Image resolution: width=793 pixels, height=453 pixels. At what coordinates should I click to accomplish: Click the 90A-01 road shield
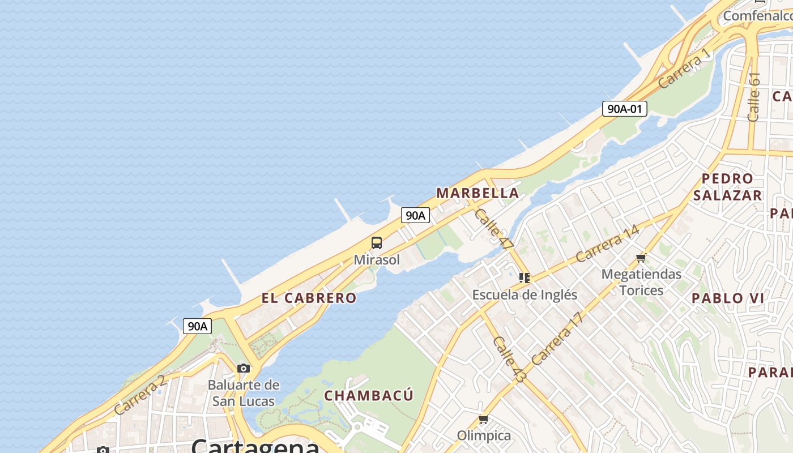pyautogui.click(x=624, y=109)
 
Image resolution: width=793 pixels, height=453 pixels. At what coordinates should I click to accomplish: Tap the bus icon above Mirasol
pyautogui.click(x=377, y=243)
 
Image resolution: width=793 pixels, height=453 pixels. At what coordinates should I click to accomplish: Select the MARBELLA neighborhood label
pyautogui.click(x=477, y=193)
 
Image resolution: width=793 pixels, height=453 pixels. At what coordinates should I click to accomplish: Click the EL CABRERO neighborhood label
pyautogui.click(x=309, y=298)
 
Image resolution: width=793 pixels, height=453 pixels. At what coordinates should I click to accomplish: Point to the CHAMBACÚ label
pyautogui.click(x=369, y=395)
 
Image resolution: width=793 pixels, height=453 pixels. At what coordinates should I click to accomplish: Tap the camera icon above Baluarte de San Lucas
pyautogui.click(x=244, y=369)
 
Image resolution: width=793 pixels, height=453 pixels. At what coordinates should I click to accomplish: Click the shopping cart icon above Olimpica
pyautogui.click(x=483, y=420)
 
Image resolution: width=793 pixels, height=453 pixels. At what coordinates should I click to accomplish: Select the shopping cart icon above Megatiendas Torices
pyautogui.click(x=641, y=258)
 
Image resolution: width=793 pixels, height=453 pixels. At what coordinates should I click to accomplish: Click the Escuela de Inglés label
pyautogui.click(x=525, y=294)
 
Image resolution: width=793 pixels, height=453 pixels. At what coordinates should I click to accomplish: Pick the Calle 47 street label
pyautogui.click(x=494, y=229)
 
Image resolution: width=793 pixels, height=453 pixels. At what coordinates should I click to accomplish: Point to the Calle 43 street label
pyautogui.click(x=509, y=359)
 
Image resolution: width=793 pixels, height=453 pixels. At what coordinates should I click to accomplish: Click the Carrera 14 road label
pyautogui.click(x=607, y=243)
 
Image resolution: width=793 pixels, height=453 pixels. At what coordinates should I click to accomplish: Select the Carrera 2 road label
pyautogui.click(x=140, y=394)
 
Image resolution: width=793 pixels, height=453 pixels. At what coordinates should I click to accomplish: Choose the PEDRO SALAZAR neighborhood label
pyautogui.click(x=727, y=187)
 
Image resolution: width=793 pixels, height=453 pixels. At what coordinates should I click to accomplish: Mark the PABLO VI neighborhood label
pyautogui.click(x=728, y=298)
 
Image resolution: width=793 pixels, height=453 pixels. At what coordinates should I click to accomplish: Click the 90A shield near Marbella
pyautogui.click(x=415, y=215)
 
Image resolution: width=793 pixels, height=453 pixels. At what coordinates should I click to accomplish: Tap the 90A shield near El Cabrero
pyautogui.click(x=197, y=326)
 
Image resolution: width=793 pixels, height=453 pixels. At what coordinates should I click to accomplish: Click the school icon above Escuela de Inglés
pyautogui.click(x=525, y=278)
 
